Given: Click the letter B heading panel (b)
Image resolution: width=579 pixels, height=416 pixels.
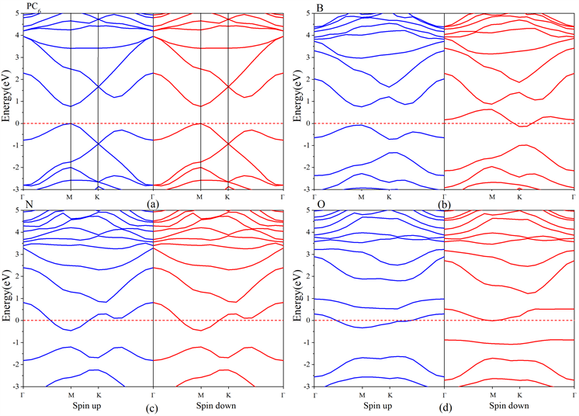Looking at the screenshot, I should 299,7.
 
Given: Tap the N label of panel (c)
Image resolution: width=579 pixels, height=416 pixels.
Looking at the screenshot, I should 9,205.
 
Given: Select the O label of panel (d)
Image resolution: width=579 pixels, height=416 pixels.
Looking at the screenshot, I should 299,205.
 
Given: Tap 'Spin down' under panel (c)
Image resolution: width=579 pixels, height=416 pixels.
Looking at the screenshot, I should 213,404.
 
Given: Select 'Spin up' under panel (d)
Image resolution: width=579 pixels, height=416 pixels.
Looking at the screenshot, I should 377,404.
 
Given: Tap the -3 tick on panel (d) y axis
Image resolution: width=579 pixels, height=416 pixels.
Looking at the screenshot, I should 306,387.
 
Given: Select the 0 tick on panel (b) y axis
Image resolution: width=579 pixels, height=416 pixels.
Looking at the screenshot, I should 308,123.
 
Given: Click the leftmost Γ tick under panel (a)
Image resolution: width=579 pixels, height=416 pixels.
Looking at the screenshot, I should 23,196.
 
